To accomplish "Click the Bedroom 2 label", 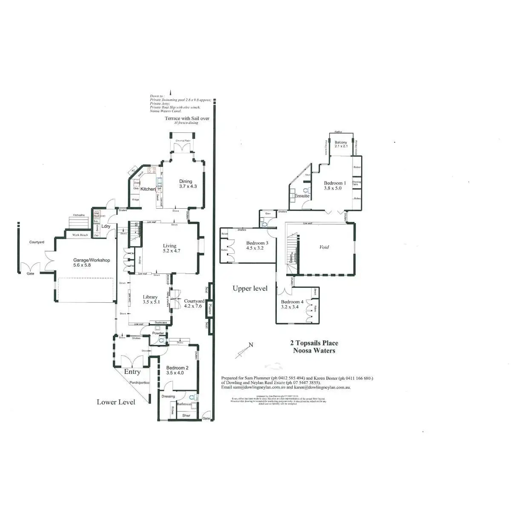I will [177, 368].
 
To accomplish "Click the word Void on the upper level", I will [324, 247].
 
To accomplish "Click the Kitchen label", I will [148, 189].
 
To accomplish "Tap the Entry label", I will [132, 372].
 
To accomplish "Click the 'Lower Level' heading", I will [116, 402].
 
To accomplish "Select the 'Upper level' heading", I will [250, 288].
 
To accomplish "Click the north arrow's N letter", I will [251, 345].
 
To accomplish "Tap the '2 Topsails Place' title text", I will [314, 343].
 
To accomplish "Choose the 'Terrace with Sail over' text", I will [187, 118].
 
